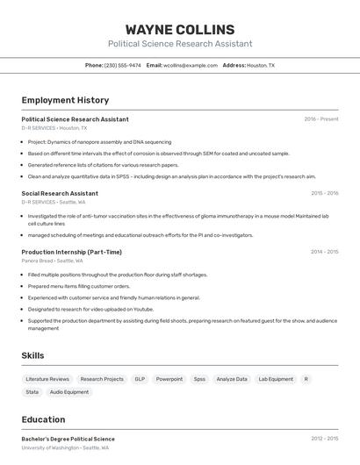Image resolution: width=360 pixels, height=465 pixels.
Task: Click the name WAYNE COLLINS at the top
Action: tap(180, 30)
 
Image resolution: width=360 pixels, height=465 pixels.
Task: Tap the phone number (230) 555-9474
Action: tap(123, 65)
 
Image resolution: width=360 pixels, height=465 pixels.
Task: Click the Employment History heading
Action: tap(65, 100)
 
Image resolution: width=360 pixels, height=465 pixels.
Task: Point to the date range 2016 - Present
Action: tap(321, 118)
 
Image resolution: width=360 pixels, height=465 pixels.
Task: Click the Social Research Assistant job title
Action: tap(60, 193)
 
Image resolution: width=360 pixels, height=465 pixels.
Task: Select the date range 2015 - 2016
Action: tap(324, 193)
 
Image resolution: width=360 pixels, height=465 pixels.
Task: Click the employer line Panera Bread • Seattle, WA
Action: tap(52, 261)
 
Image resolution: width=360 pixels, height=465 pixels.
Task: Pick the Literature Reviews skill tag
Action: tap(48, 379)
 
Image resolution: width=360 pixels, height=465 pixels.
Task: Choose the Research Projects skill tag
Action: tap(102, 379)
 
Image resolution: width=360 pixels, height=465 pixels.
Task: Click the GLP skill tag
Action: tap(140, 379)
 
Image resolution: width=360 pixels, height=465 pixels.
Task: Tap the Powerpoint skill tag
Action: tap(169, 379)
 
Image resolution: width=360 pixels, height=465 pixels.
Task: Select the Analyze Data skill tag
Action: tap(232, 379)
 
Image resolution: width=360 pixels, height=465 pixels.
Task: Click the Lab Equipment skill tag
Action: tap(276, 379)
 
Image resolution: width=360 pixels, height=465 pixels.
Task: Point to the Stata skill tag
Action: tap(32, 392)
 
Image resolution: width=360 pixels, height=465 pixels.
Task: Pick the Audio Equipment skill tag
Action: tap(69, 392)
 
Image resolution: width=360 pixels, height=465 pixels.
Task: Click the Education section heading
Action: tap(43, 419)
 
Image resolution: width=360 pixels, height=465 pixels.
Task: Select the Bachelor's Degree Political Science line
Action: tap(68, 439)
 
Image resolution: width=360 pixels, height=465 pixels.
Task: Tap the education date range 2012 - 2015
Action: tap(324, 439)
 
